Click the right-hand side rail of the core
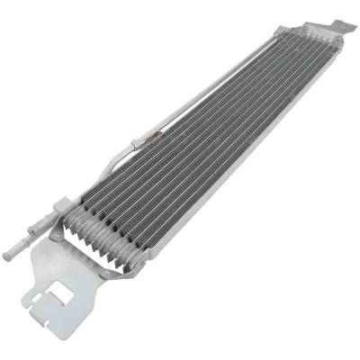pos(234,162)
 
